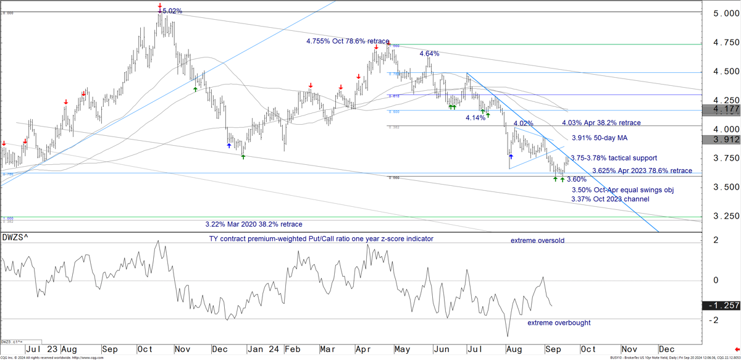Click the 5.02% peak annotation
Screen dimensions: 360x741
(172, 11)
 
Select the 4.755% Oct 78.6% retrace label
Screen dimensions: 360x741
(348, 41)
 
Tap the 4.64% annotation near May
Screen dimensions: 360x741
(429, 54)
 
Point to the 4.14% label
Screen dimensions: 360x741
(475, 117)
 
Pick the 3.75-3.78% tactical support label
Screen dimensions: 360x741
(613, 158)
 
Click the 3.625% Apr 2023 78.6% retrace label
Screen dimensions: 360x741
(642, 171)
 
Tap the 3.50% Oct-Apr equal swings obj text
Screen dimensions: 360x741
(621, 190)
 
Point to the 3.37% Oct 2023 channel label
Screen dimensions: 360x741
(610, 199)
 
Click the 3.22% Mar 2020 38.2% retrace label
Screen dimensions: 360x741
(254, 224)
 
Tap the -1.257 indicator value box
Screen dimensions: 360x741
(721, 306)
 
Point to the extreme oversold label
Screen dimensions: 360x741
(537, 240)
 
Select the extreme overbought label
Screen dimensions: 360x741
(559, 323)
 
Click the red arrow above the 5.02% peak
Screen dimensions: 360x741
(160, 6)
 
